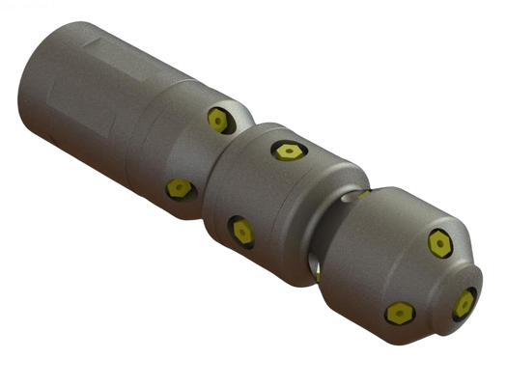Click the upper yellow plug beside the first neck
click(x=218, y=120)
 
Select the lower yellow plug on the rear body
click(x=177, y=188)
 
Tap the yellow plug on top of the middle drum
click(x=285, y=152)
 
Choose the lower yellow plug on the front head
click(x=399, y=313)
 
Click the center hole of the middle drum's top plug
click(x=285, y=152)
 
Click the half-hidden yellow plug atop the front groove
click(x=362, y=194)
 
